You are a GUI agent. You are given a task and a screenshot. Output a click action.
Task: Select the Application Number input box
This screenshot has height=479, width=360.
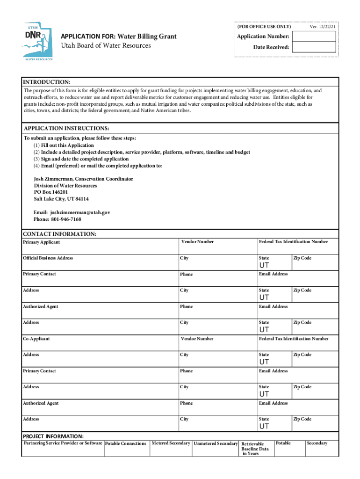tap(313, 36)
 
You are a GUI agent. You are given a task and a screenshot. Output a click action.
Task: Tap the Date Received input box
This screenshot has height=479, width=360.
tap(313, 47)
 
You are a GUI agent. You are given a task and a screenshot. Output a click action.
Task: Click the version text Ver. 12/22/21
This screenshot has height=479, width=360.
tap(323, 26)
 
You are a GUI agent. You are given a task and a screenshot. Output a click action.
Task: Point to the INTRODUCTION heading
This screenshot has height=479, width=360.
tap(47, 82)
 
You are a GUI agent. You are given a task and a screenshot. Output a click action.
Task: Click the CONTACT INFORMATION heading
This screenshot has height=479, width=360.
tap(59, 234)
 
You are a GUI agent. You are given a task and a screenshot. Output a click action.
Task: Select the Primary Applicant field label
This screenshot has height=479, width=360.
tap(41, 242)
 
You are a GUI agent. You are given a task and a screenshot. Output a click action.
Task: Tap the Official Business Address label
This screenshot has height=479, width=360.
tap(48, 258)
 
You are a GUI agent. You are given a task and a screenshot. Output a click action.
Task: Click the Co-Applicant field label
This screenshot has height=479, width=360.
tap(36, 339)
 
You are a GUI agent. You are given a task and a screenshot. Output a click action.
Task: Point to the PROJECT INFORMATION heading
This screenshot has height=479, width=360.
tap(53, 436)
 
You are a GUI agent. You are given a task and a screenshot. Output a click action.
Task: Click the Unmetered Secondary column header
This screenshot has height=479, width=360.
tap(216, 443)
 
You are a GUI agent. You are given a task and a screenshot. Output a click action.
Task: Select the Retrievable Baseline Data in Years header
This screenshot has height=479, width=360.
tap(255, 448)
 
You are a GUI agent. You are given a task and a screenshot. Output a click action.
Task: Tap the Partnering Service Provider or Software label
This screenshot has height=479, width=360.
tap(63, 443)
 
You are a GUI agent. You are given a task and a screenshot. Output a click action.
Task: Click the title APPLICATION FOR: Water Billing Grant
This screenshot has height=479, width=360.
tap(119, 36)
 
